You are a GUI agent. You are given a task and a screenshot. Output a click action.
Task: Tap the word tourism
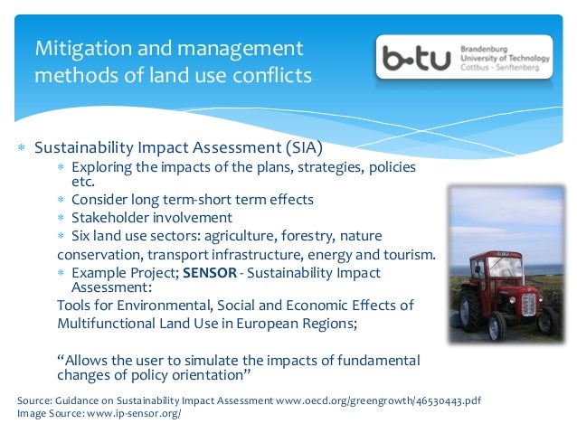click(404, 254)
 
